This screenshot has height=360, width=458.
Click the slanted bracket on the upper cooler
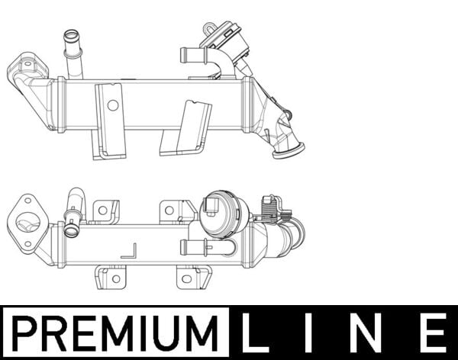(188, 126)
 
